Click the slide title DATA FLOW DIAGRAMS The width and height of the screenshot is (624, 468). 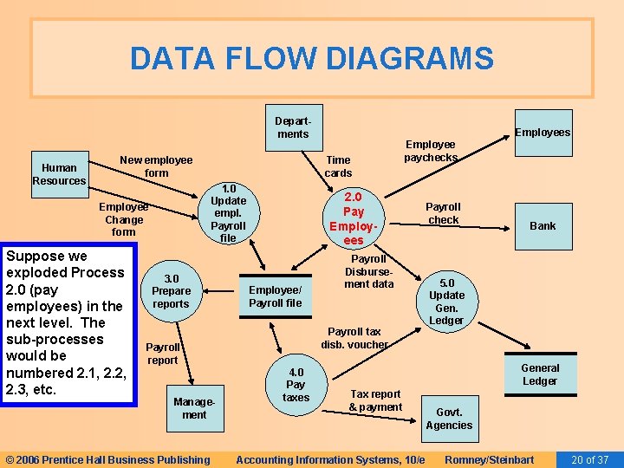pyautogui.click(x=312, y=59)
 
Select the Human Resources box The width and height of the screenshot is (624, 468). pyautogui.click(x=59, y=174)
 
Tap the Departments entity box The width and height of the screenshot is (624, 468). pyautogui.click(x=292, y=127)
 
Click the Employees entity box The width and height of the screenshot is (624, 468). pyautogui.click(x=543, y=132)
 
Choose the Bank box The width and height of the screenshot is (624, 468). pyautogui.click(x=543, y=225)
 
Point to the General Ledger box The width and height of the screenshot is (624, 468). pyautogui.click(x=540, y=374)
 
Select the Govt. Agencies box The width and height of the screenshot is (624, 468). pyautogui.click(x=449, y=419)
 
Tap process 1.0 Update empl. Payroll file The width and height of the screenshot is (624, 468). pyautogui.click(x=228, y=213)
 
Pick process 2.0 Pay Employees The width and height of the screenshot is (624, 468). pyautogui.click(x=354, y=218)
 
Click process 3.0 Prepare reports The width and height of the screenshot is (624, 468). pyautogui.click(x=172, y=291)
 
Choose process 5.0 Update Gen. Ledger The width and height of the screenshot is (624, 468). pyautogui.click(x=446, y=302)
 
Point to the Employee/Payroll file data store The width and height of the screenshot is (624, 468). pyautogui.click(x=276, y=296)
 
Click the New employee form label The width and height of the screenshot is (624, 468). pyautogui.click(x=156, y=166)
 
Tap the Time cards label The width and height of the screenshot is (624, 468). pyautogui.click(x=338, y=166)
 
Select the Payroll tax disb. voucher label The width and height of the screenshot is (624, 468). pyautogui.click(x=354, y=337)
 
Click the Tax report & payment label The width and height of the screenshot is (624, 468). pyautogui.click(x=375, y=400)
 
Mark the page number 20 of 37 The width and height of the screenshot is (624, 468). pyautogui.click(x=591, y=459)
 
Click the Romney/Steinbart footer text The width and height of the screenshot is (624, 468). pyautogui.click(x=489, y=459)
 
